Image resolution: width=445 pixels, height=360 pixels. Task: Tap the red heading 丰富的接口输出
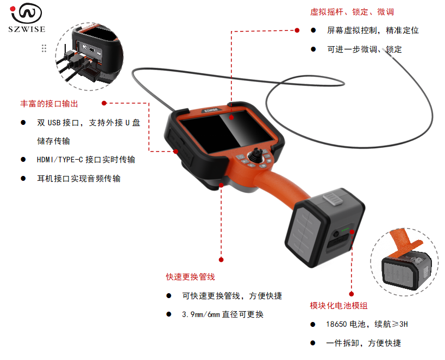[49, 104]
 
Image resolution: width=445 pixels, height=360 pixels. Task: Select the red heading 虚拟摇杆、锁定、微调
[352, 12]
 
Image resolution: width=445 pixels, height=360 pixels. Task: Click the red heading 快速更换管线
[190, 277]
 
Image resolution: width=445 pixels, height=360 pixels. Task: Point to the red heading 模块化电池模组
[339, 306]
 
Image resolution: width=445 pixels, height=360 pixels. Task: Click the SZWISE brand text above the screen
[211, 110]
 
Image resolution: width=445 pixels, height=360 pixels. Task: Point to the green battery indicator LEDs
[345, 229]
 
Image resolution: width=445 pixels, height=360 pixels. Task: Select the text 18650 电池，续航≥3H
[367, 324]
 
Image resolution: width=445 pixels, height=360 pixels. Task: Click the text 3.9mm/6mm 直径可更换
[223, 314]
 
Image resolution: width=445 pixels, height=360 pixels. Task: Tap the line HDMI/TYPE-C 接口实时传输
[86, 160]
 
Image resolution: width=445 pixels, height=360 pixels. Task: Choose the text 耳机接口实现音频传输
[79, 179]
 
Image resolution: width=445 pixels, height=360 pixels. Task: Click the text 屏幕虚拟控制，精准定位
[373, 30]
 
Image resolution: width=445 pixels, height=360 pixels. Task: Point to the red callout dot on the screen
[231, 117]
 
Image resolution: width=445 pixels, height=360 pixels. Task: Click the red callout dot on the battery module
[352, 232]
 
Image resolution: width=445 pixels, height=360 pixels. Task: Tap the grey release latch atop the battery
[334, 198]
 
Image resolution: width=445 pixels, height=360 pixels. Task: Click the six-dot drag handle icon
[44, 48]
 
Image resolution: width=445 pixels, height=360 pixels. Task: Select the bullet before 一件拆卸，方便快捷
[313, 343]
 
